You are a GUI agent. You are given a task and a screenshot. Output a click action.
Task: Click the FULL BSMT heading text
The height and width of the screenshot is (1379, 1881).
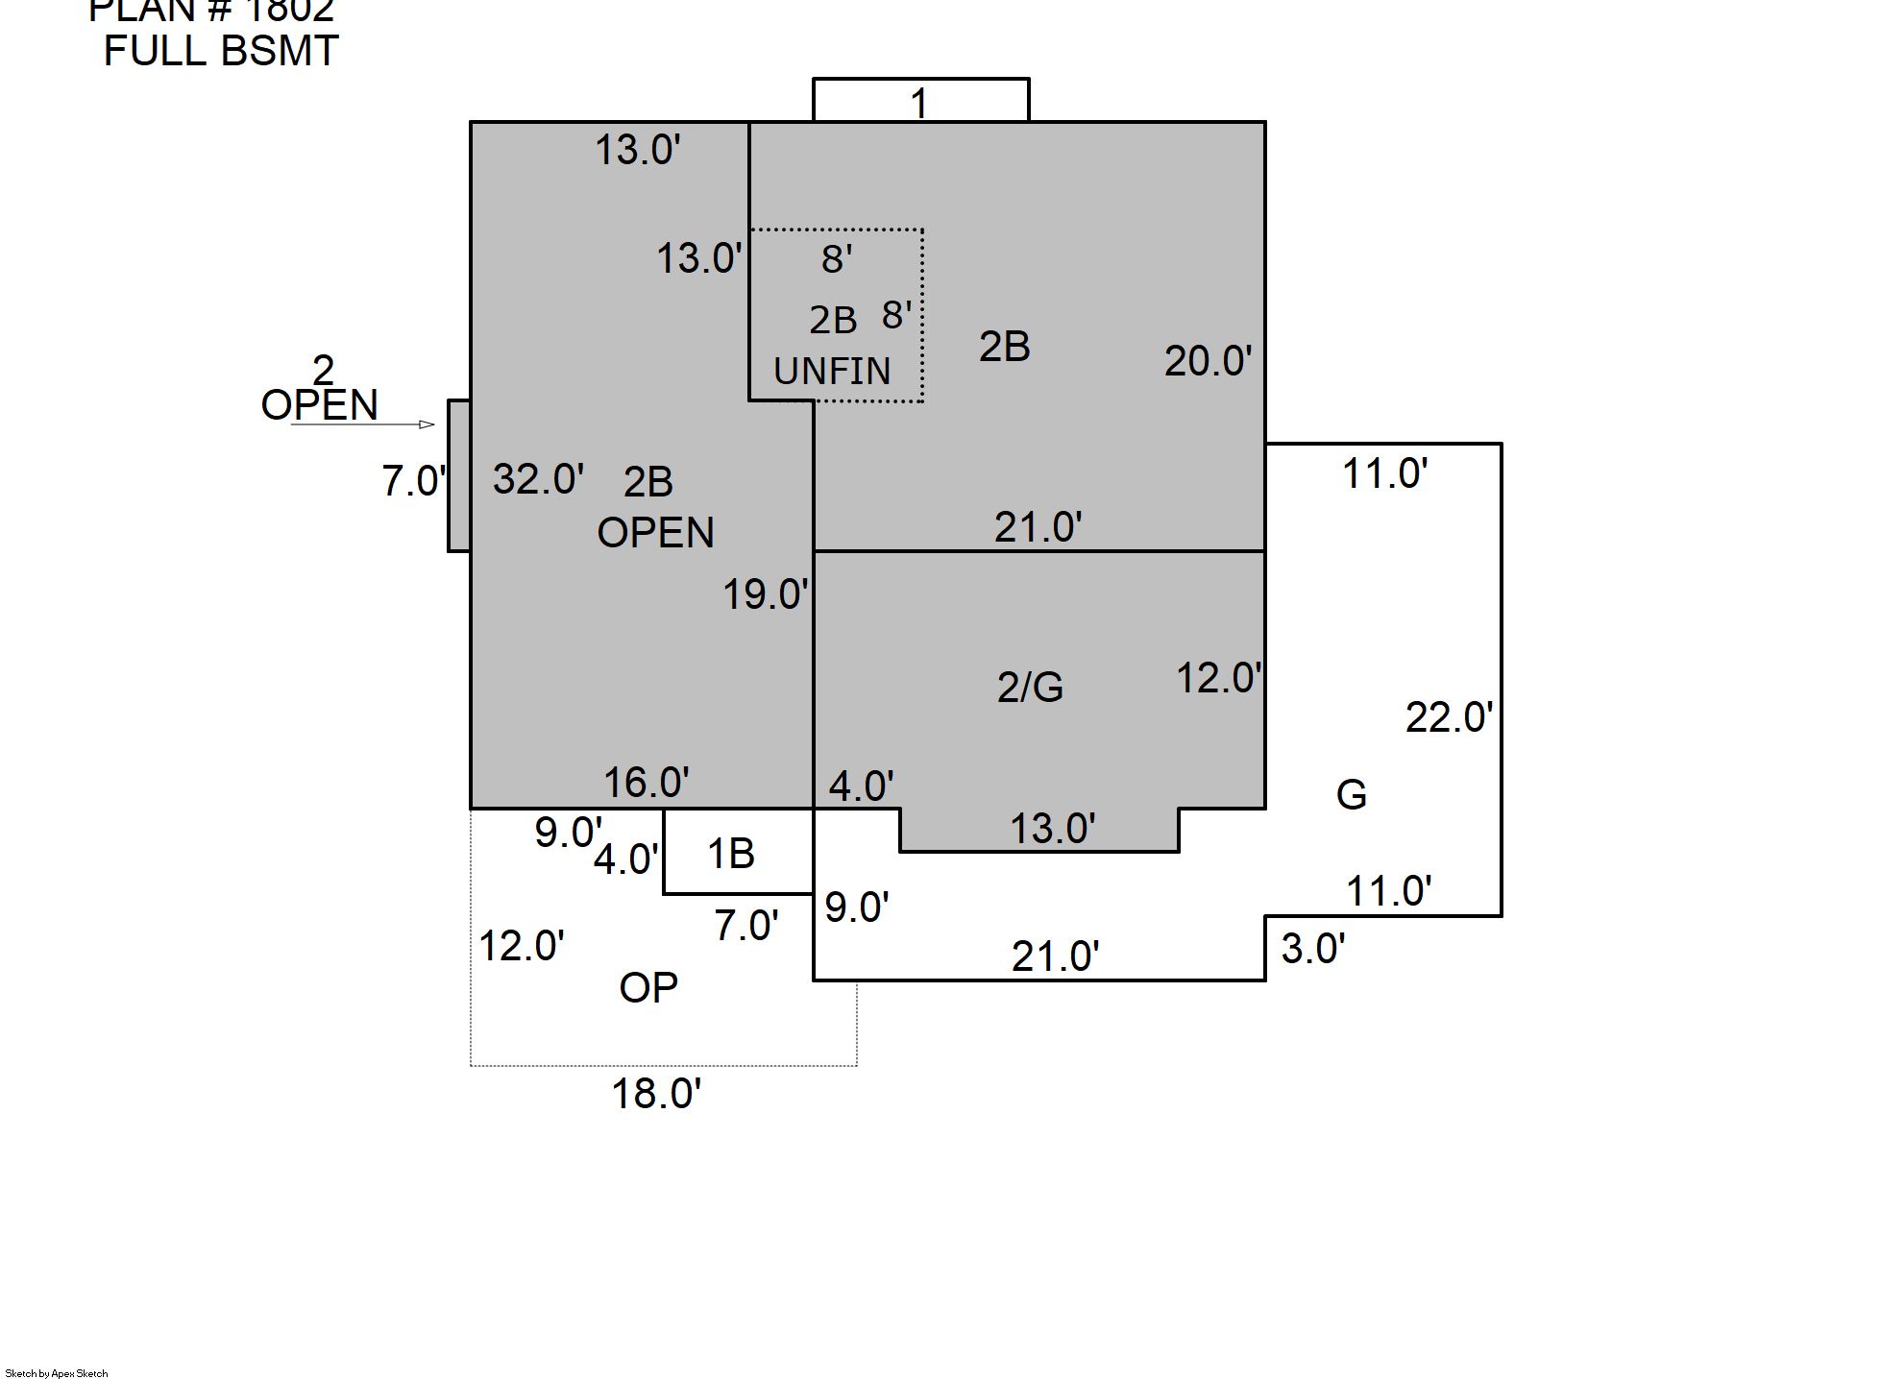point(221,51)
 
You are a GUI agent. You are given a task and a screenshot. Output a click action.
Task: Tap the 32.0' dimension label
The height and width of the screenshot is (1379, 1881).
point(538,478)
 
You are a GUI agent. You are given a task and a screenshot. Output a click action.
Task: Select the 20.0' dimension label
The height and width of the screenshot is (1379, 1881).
point(1208,361)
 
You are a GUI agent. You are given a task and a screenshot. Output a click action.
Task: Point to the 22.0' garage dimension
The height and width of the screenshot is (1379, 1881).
point(1449,717)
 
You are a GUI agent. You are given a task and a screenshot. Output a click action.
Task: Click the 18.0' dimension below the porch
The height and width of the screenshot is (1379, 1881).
point(657,1094)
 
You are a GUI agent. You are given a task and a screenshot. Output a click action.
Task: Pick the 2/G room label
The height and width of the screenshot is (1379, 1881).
point(1030,687)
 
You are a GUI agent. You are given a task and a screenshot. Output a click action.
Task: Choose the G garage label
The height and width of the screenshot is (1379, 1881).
point(1351,794)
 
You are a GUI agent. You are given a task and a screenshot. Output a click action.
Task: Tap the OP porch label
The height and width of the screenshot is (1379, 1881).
point(648,987)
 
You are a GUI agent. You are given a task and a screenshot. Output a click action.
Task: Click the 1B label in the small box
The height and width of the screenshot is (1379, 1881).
point(731,854)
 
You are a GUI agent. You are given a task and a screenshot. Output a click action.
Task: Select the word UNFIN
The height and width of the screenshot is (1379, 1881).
point(832,371)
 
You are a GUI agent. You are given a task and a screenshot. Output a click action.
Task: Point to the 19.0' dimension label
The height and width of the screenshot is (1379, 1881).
point(765,594)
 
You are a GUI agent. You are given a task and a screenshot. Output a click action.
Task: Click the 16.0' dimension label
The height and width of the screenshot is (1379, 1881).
point(647,783)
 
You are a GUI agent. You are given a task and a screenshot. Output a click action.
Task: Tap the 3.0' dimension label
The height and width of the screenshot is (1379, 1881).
point(1313,949)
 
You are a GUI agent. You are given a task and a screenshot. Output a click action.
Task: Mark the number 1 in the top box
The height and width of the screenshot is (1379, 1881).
point(919,103)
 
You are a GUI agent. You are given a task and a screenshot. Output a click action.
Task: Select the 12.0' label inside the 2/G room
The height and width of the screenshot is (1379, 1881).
point(1218,679)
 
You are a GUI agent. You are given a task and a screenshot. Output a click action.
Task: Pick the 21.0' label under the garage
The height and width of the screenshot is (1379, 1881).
point(1055,956)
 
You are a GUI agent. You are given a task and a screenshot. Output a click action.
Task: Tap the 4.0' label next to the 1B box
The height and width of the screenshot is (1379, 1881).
point(625,859)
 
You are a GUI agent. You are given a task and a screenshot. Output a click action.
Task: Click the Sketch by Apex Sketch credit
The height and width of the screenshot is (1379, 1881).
point(57,1373)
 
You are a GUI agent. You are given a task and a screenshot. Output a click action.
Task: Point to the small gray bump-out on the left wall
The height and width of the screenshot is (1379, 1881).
point(459,475)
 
